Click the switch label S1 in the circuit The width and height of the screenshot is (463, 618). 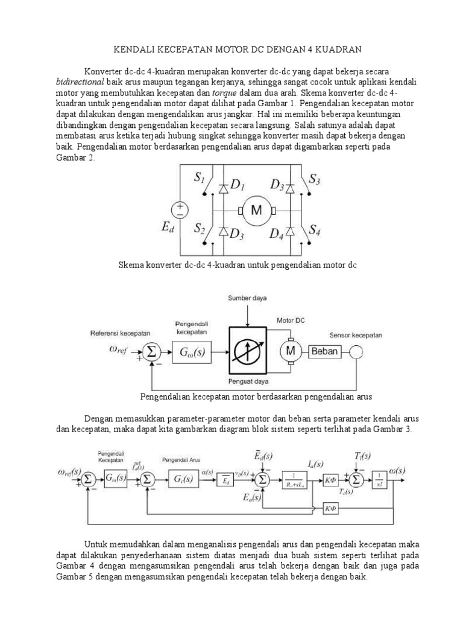pos(200,179)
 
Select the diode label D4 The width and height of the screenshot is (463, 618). pos(277,233)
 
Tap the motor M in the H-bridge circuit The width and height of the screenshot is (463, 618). pos(257,210)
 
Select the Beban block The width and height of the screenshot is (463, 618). pos(325,351)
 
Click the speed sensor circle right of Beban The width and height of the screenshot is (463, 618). pos(355,351)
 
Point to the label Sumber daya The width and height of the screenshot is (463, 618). pos(247,299)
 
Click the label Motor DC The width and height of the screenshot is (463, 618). pos(291,320)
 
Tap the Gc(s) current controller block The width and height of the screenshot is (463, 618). pos(180,480)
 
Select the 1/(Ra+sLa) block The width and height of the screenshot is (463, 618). pos(297,480)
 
